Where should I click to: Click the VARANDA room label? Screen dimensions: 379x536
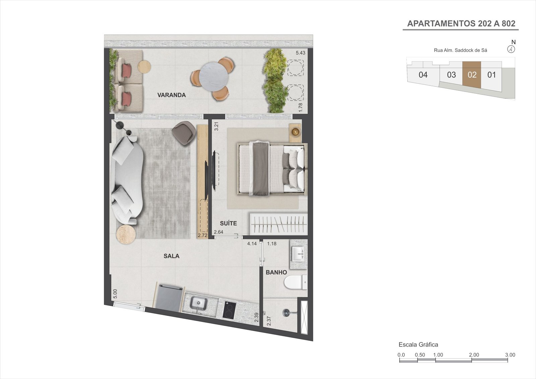pyautogui.click(x=172, y=95)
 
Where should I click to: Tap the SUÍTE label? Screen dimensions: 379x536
pyautogui.click(x=228, y=223)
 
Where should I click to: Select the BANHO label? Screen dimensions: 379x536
pyautogui.click(x=276, y=272)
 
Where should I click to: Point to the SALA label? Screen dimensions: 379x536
pyautogui.click(x=171, y=256)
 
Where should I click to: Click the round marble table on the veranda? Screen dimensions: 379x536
pyautogui.click(x=213, y=76)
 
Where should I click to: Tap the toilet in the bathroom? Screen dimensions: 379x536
pyautogui.click(x=296, y=282)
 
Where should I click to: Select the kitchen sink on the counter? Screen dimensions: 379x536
pyautogui.click(x=198, y=304)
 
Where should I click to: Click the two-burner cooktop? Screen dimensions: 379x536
pyautogui.click(x=229, y=311)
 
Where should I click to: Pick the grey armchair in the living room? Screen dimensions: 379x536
pyautogui.click(x=183, y=133)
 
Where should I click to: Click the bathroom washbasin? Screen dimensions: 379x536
pyautogui.click(x=298, y=254)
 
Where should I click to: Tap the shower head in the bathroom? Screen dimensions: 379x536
pyautogui.click(x=287, y=313)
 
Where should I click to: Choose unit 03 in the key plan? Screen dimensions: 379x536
pyautogui.click(x=451, y=75)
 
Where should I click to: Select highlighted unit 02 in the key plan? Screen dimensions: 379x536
pyautogui.click(x=472, y=74)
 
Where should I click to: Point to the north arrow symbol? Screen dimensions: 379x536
pyautogui.click(x=511, y=49)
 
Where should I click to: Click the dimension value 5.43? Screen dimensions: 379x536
pyautogui.click(x=300, y=53)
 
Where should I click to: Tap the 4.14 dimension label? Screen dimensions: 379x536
pyautogui.click(x=252, y=244)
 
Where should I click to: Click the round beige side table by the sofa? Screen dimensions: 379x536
pyautogui.click(x=126, y=234)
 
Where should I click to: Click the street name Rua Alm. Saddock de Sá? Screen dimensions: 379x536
pyautogui.click(x=460, y=50)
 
